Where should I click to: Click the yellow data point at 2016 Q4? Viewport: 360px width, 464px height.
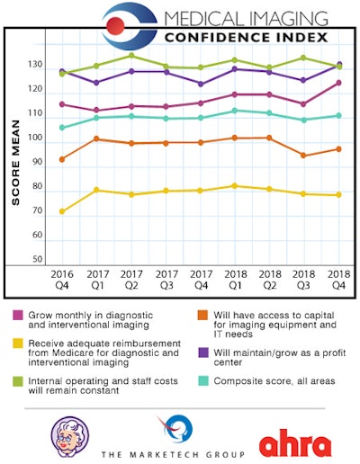point(62,211)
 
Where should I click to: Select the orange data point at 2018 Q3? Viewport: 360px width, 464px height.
point(302,156)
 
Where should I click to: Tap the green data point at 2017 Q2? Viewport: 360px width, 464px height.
point(132,56)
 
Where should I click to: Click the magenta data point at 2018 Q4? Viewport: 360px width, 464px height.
point(338,83)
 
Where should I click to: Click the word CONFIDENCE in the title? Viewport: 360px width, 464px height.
point(211,37)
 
